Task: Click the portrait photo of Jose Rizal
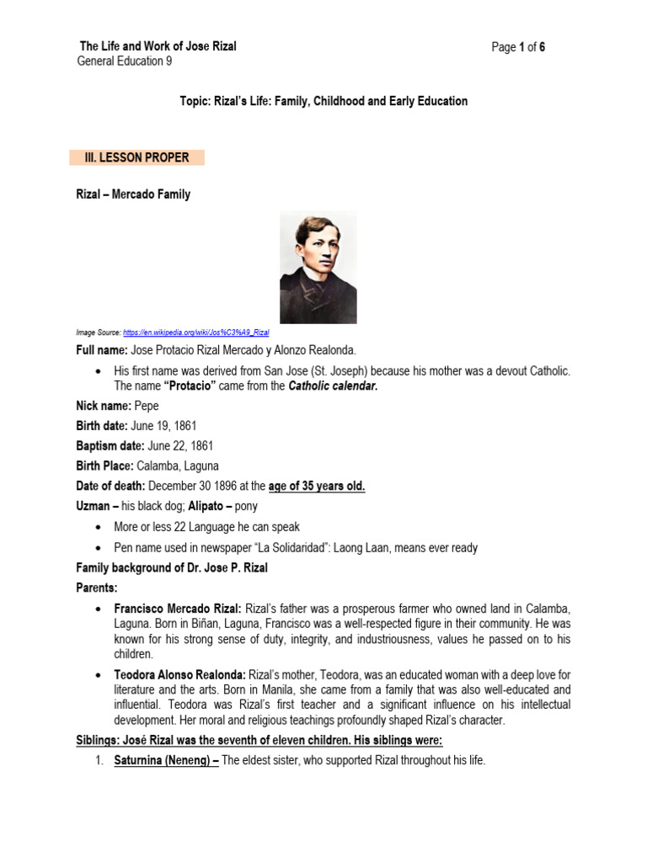click(x=318, y=267)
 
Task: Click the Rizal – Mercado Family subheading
click(x=133, y=194)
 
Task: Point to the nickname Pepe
click(x=147, y=405)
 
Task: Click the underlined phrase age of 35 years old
click(x=317, y=486)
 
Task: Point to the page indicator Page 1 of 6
click(x=518, y=47)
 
